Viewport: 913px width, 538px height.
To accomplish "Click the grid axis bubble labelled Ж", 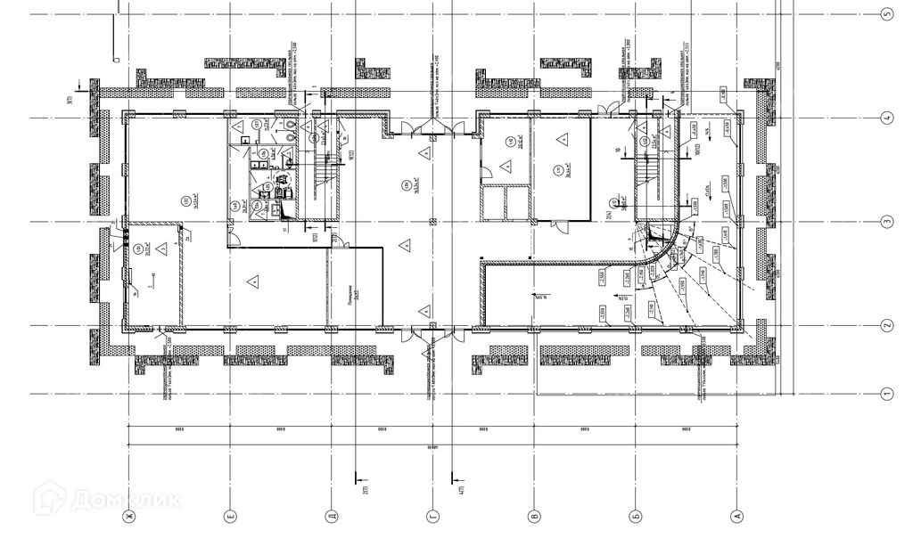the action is pyautogui.click(x=129, y=517).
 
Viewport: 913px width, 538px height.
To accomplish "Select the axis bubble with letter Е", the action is pyautogui.click(x=231, y=517).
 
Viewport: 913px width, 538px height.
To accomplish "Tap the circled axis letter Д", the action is pyautogui.click(x=331, y=517).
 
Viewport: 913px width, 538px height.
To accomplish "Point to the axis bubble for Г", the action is pyautogui.click(x=433, y=517).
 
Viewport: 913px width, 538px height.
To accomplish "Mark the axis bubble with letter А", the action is pyautogui.click(x=736, y=517).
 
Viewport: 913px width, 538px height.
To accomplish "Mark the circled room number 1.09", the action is pyautogui.click(x=406, y=185).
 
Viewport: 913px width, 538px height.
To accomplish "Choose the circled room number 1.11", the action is pyautogui.click(x=557, y=171).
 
